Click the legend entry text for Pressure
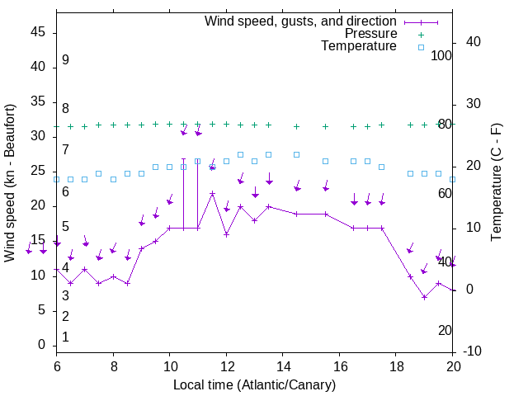pyautogui.click(x=370, y=34)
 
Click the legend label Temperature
pyautogui.click(x=359, y=46)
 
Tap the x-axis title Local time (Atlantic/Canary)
pyautogui.click(x=254, y=384)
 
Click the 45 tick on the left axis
pyautogui.click(x=38, y=32)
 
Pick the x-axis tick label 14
pyautogui.click(x=283, y=365)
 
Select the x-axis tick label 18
pyautogui.click(x=396, y=365)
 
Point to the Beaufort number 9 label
pyautogui.click(x=65, y=60)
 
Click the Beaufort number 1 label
pyautogui.click(x=65, y=337)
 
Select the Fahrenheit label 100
pyautogui.click(x=442, y=55)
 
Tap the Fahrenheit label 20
pyautogui.click(x=445, y=330)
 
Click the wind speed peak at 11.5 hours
pyautogui.click(x=212, y=194)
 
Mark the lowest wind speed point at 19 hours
pyautogui.click(x=424, y=297)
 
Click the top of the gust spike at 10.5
pyautogui.click(x=183, y=159)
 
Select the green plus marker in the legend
pyautogui.click(x=420, y=34)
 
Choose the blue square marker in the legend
pyautogui.click(x=420, y=47)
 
